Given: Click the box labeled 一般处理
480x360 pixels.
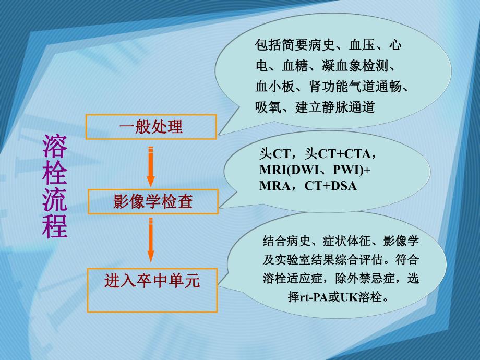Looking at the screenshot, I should coord(151,127).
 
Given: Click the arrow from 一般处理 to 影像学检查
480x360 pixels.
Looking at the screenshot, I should coord(151,165).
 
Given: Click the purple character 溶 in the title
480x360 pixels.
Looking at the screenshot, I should coord(55,147).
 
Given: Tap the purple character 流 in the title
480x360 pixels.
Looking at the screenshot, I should coord(55,200).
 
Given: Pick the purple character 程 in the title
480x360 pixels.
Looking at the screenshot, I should coord(55,226).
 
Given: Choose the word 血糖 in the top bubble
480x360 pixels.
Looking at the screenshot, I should coord(295,67).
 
